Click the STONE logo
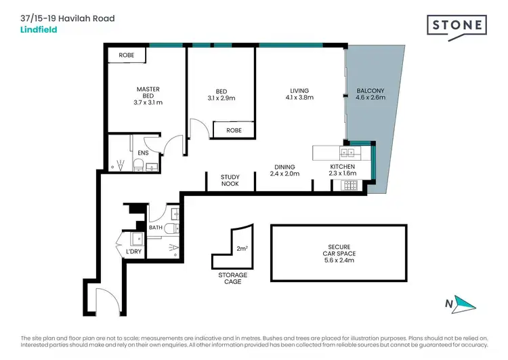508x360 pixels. (x=457, y=26)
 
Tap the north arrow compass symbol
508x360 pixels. (x=462, y=304)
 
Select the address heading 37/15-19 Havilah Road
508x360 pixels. (x=68, y=18)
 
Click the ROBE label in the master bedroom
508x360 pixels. (x=127, y=55)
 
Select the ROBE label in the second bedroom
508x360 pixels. (x=234, y=129)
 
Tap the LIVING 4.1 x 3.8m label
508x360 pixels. (x=299, y=94)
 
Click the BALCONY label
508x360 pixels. (x=370, y=94)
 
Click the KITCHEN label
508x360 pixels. (x=342, y=167)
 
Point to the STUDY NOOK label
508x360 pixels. (x=230, y=180)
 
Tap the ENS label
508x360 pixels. (x=143, y=153)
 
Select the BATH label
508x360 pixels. (x=156, y=228)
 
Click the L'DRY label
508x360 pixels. (x=134, y=252)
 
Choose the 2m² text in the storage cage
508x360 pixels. (x=242, y=249)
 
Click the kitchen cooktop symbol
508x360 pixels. (x=351, y=184)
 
